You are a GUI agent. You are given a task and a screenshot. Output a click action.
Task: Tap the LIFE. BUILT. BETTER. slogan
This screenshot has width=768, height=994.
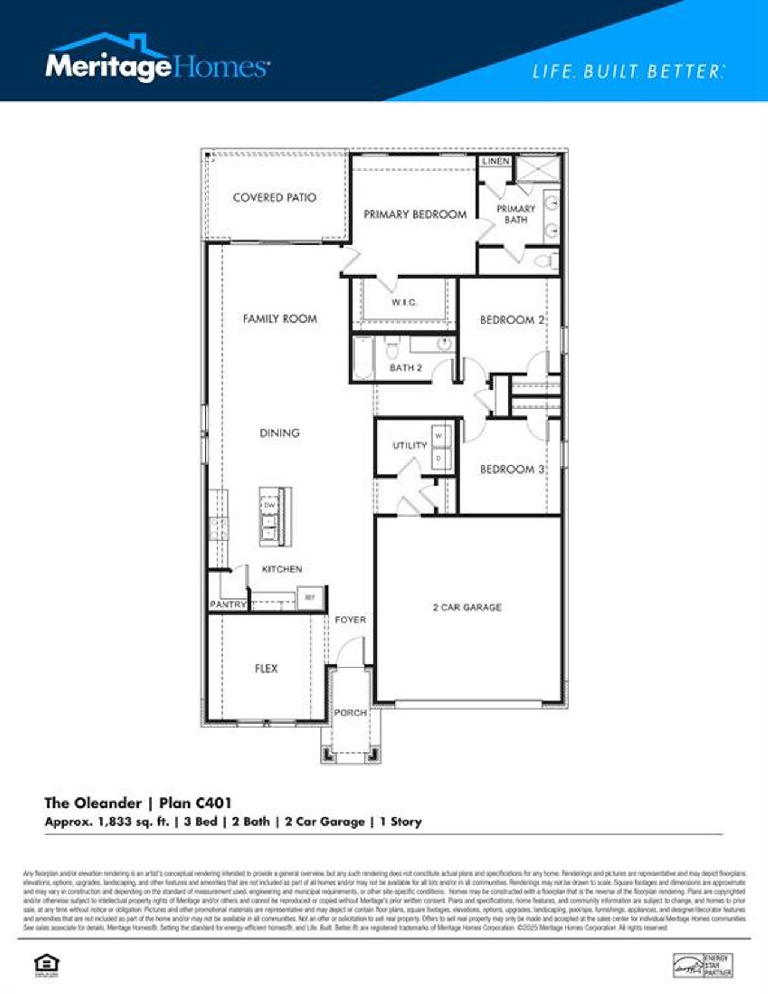[628, 72]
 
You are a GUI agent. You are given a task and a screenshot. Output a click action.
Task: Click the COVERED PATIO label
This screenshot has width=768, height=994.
[274, 197]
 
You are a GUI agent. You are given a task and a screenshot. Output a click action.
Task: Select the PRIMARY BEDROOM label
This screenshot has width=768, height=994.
[415, 214]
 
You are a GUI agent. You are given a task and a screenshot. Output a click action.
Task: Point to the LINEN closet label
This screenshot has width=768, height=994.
[496, 161]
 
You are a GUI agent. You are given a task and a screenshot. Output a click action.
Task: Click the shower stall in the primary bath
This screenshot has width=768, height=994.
[538, 168]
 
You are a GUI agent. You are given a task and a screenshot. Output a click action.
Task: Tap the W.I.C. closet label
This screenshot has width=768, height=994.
[404, 302]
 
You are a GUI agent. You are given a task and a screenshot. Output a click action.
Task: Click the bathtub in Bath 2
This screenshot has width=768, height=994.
[362, 359]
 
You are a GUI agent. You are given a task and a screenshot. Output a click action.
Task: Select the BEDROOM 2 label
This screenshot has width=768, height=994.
[512, 320]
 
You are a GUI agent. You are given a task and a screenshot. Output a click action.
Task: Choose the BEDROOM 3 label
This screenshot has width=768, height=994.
[512, 469]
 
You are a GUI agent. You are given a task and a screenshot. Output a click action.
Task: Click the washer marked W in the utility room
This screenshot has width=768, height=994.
[439, 436]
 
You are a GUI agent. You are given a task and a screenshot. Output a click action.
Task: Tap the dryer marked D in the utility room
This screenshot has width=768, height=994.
[439, 458]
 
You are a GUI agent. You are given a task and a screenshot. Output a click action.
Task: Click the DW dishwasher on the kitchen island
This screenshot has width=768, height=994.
[269, 505]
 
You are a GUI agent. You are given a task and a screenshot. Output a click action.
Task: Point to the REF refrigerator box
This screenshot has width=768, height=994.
[310, 597]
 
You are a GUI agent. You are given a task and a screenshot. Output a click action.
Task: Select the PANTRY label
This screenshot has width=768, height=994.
[227, 604]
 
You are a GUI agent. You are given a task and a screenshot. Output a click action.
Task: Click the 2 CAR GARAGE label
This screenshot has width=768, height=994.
[467, 607]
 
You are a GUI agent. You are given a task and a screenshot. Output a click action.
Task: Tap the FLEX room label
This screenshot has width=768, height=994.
[266, 668]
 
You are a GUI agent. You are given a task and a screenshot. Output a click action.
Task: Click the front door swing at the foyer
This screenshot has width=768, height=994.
[351, 652]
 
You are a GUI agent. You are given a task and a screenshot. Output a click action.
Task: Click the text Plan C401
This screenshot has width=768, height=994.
[195, 802]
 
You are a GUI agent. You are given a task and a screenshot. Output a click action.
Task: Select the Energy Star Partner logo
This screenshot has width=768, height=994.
[703, 965]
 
